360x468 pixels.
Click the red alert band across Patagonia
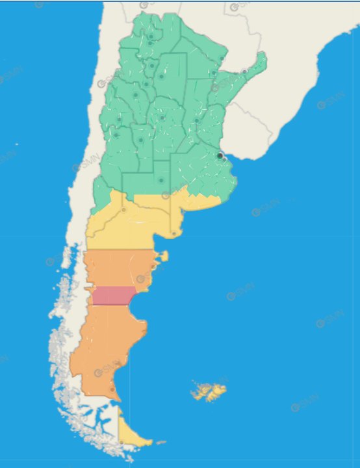point(114,296)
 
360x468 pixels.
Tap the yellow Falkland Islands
point(208,392)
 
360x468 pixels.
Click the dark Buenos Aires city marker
point(220,156)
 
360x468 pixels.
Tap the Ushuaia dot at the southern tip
point(122,442)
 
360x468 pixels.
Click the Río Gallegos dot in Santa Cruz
point(112,389)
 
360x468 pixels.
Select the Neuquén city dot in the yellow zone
point(123,210)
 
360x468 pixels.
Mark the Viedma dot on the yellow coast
point(174,234)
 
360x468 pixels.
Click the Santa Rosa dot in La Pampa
point(161,180)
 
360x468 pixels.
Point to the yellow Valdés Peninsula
point(164,257)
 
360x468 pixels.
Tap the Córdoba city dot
point(162,118)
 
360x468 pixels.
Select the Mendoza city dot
point(117,135)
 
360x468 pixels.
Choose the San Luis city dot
point(140,140)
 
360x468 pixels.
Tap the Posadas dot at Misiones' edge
point(244,71)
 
